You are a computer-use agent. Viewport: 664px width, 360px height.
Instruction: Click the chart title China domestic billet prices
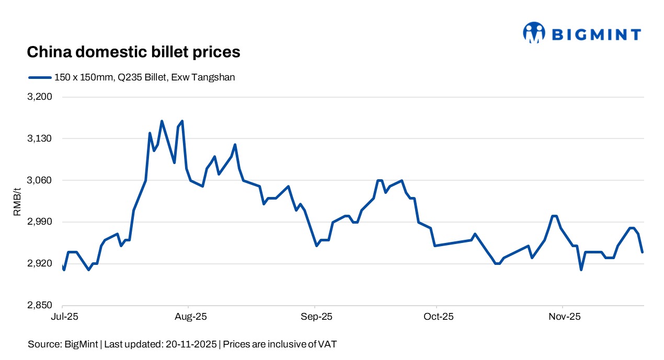133,52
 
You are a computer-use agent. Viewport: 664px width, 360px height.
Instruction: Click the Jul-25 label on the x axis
62,317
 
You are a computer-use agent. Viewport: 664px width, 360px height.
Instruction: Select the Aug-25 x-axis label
189,317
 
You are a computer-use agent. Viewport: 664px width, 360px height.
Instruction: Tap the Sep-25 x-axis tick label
315,317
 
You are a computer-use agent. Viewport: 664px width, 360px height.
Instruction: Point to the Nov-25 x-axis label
563,317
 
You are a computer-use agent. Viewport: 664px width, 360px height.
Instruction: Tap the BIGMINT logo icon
534,32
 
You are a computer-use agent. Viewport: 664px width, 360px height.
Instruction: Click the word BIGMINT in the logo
596,34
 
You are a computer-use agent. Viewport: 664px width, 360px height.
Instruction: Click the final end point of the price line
642,252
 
